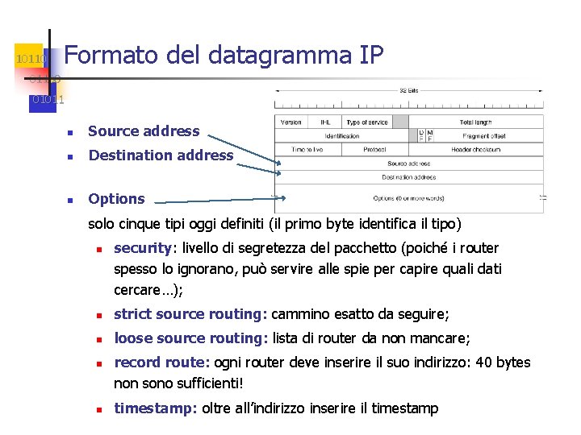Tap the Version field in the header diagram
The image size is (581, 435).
tap(290, 122)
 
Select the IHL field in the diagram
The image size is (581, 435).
tap(325, 122)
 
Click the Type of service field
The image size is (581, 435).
tap(366, 122)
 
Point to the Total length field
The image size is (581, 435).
tap(475, 122)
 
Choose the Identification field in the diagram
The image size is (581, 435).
tap(343, 136)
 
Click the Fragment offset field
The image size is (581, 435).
tap(484, 136)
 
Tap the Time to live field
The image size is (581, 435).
tap(308, 149)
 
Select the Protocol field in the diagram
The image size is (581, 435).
tap(374, 149)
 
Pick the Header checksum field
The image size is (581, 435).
tap(476, 149)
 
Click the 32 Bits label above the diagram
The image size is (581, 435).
tap(409, 91)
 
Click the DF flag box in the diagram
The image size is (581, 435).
tap(420, 135)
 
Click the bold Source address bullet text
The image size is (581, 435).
tap(144, 131)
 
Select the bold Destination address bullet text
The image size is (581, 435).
tap(161, 155)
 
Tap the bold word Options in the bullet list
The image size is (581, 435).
tap(116, 199)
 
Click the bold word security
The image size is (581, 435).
tap(142, 248)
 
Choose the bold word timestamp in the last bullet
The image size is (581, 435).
tap(154, 408)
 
